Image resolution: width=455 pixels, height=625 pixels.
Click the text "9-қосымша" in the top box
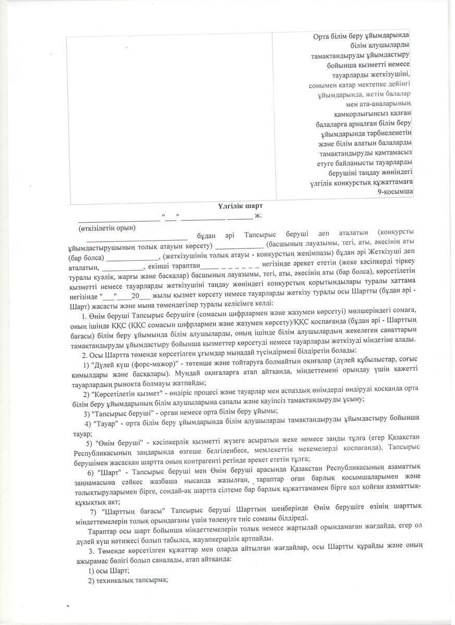[396, 192]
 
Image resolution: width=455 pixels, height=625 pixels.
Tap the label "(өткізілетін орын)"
[107, 228]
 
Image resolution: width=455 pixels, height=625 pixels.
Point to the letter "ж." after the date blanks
[258, 215]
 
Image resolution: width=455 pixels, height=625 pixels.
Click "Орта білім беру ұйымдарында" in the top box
[361, 35]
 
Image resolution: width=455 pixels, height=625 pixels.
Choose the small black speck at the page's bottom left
[68, 607]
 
